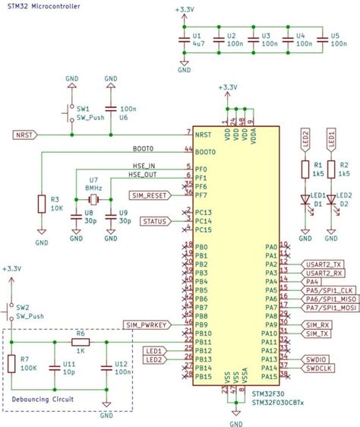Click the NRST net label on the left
[x=24, y=134]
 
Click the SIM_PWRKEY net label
[x=148, y=324]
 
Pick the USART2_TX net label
[x=324, y=264]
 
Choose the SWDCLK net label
[x=320, y=368]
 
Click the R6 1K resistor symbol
[x=81, y=341]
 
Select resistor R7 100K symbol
[x=12, y=364]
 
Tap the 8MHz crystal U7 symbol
[x=93, y=199]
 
